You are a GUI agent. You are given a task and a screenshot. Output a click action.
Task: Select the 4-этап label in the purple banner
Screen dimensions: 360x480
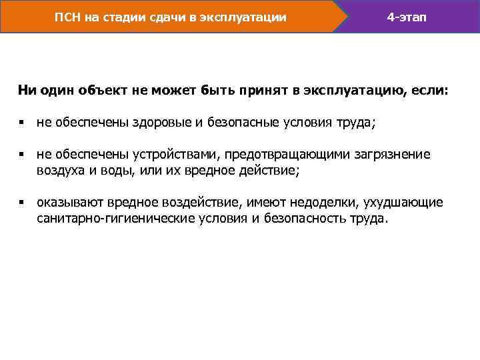pos(407,16)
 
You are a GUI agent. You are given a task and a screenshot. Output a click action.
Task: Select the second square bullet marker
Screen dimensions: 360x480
pos(21,155)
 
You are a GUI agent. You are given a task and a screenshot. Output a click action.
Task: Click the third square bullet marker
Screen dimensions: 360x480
pos(21,202)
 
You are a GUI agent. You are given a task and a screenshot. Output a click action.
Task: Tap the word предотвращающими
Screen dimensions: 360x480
pos(284,155)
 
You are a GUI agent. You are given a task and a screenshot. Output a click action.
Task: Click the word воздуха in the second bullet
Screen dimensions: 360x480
pos(59,171)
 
